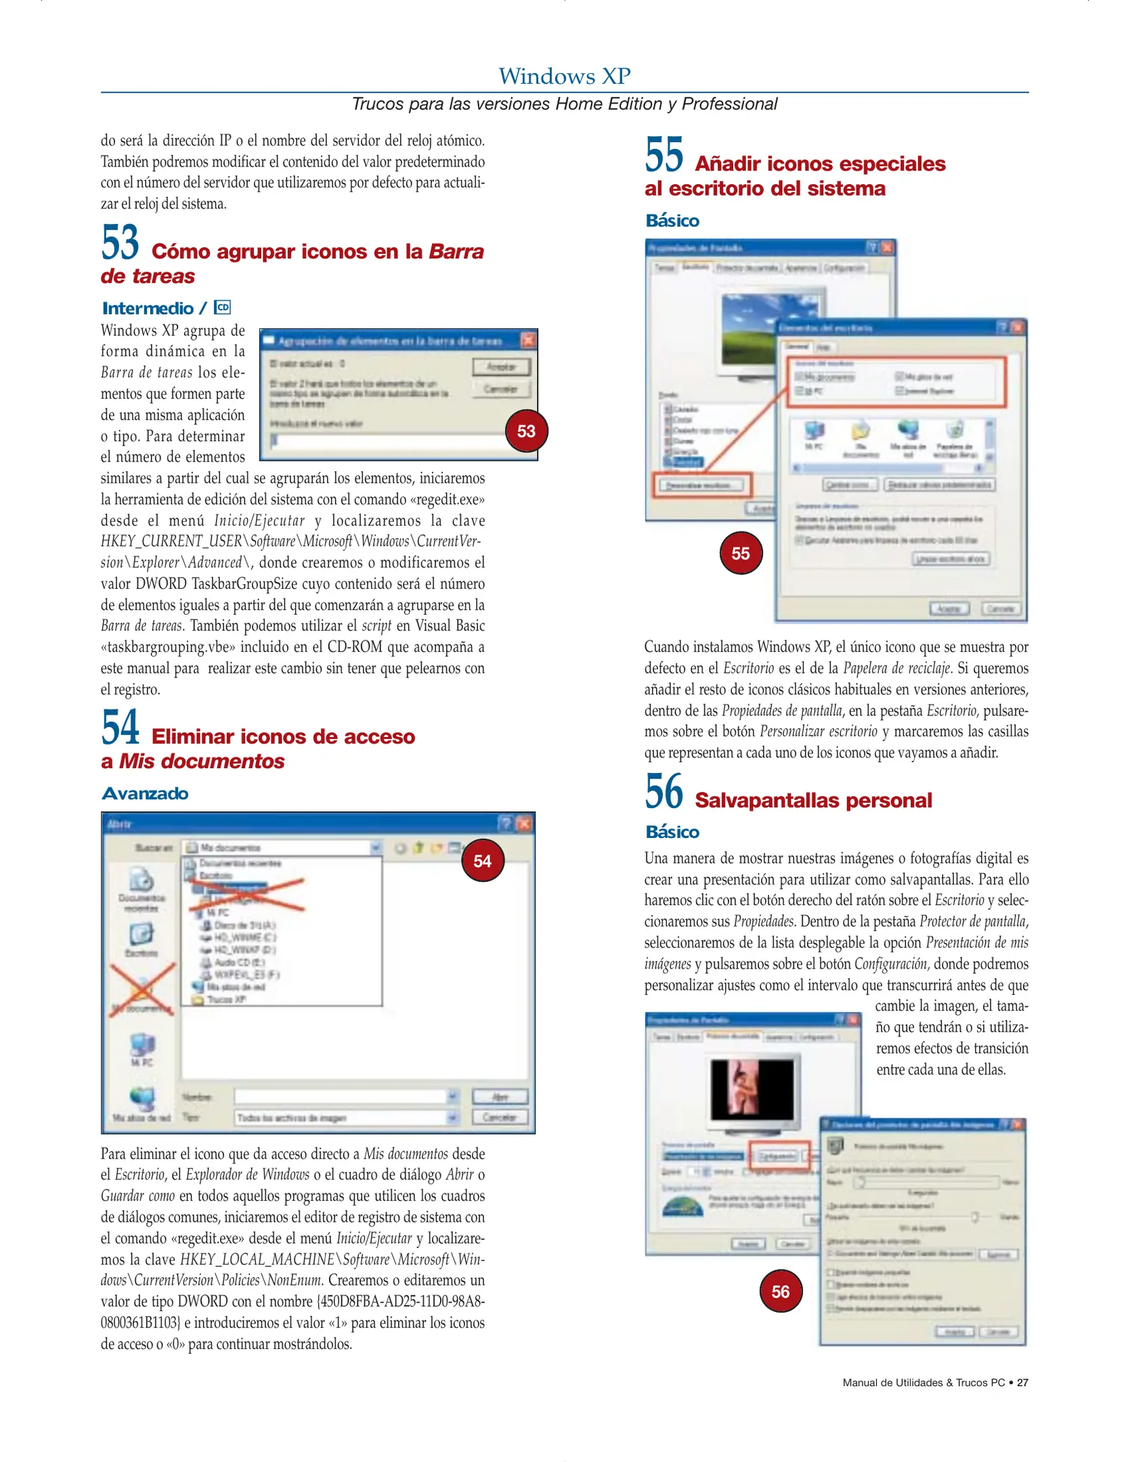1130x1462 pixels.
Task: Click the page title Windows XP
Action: (564, 76)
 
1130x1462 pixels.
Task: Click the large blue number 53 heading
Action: (121, 243)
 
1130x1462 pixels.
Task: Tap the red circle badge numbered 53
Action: (526, 431)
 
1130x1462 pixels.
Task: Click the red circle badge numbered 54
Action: (482, 861)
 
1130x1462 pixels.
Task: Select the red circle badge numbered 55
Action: (741, 554)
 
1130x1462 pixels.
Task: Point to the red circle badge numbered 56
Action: (780, 1292)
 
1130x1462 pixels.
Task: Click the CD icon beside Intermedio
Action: (222, 308)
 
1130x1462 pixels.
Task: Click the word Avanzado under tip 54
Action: (145, 794)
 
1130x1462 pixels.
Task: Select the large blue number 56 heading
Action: (664, 792)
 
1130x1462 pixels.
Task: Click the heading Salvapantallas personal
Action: (813, 801)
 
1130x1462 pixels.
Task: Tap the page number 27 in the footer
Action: (1022, 1383)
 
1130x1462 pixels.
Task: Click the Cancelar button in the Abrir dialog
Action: (500, 1117)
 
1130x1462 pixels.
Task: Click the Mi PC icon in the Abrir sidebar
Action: (142, 1047)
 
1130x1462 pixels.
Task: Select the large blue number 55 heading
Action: (664, 155)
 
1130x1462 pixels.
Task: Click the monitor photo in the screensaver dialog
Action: (752, 1090)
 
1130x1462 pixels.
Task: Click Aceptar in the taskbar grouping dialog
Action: (501, 367)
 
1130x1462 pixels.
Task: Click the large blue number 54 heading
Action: (121, 728)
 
